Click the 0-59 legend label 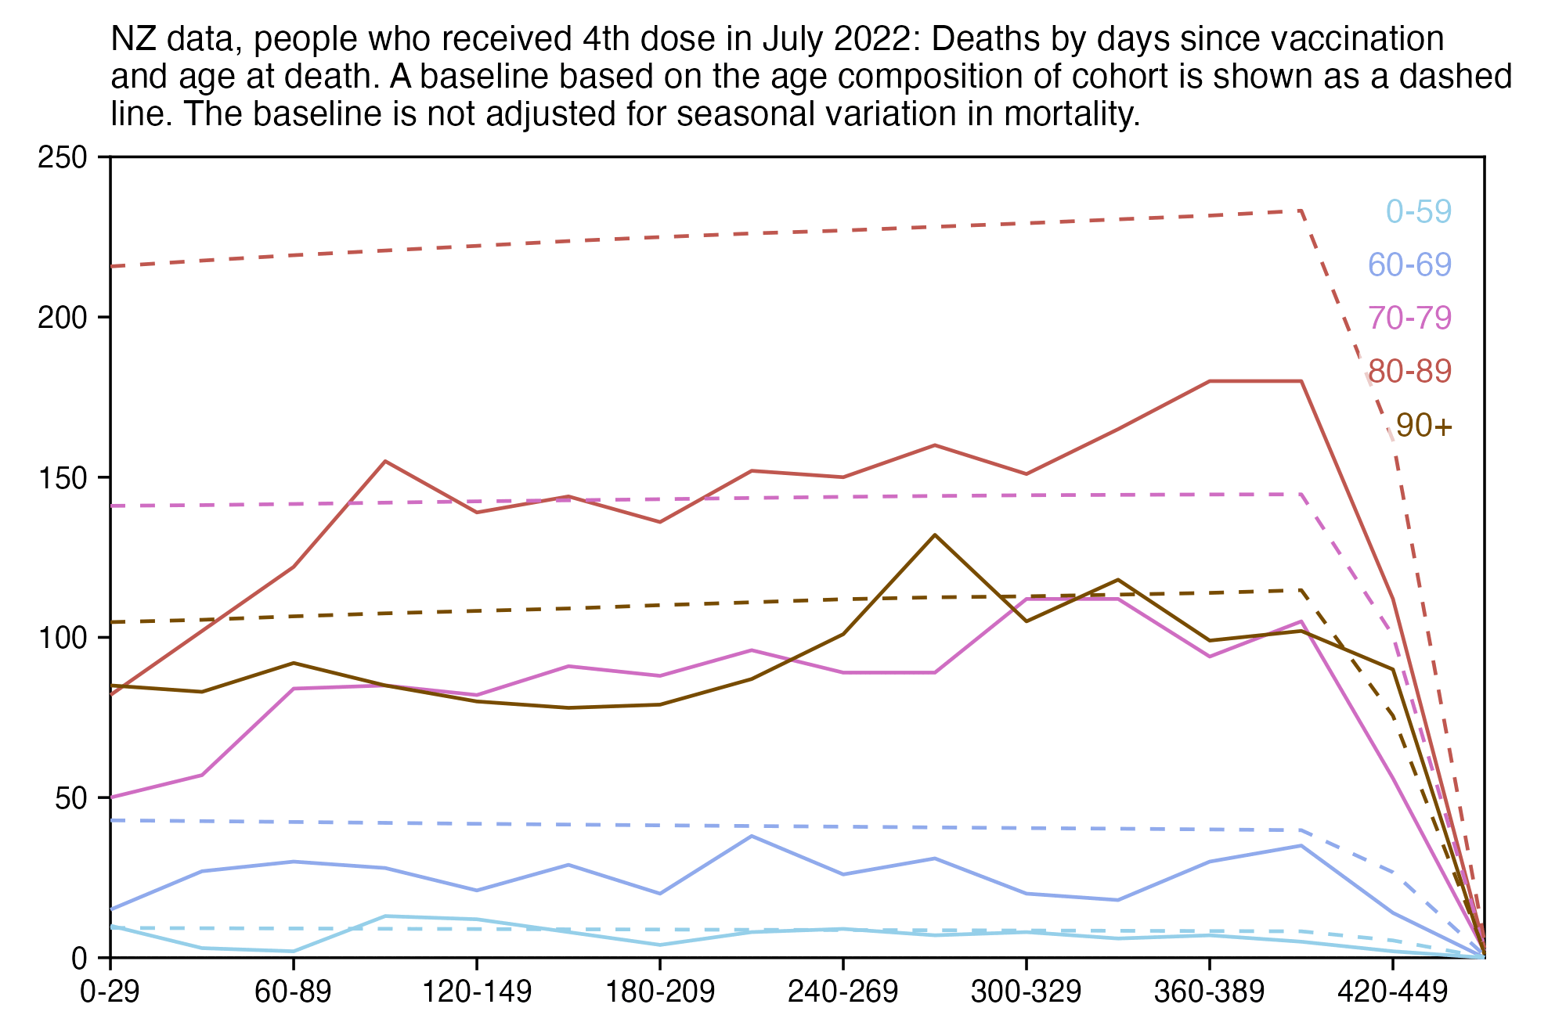click(1419, 212)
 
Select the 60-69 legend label click(1409, 265)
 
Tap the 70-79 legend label click(1409, 318)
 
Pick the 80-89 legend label click(1409, 371)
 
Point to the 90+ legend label click(1423, 426)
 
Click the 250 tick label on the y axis click(62, 158)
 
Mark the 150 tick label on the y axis click(62, 478)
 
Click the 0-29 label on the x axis click(110, 992)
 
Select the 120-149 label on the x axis click(477, 992)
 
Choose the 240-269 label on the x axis click(843, 992)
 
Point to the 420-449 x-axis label click(1392, 992)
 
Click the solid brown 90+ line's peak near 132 click(934, 535)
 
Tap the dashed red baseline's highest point click(1301, 211)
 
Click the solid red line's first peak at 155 click(385, 461)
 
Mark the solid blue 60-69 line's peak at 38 click(752, 836)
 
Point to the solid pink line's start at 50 click(112, 797)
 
